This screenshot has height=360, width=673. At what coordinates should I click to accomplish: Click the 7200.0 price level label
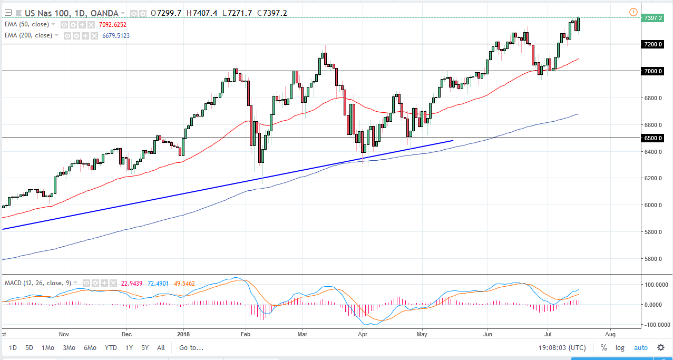pyautogui.click(x=653, y=44)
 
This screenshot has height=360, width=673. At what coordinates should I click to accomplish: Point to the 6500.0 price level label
pyautogui.click(x=653, y=138)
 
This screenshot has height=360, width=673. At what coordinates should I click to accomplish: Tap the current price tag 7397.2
pyautogui.click(x=653, y=17)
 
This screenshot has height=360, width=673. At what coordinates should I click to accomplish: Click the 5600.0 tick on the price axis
pyautogui.click(x=653, y=259)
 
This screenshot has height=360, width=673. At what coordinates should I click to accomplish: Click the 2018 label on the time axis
pyautogui.click(x=183, y=334)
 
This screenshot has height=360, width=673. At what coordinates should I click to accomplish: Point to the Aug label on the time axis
pyautogui.click(x=610, y=334)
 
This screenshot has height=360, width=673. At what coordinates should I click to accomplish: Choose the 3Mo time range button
pyautogui.click(x=69, y=347)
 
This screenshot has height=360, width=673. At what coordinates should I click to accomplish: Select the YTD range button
pyautogui.click(x=111, y=347)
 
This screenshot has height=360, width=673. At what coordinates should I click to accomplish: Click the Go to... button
pyautogui.click(x=191, y=347)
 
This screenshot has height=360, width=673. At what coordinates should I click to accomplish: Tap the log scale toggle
pyautogui.click(x=620, y=347)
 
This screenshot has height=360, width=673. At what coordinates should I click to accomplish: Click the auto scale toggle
pyautogui.click(x=640, y=347)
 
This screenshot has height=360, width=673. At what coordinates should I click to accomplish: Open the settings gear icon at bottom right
pyautogui.click(x=660, y=347)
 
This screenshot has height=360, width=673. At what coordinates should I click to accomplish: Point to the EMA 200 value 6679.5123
pyautogui.click(x=113, y=35)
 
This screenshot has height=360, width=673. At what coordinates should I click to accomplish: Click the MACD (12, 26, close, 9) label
pyautogui.click(x=37, y=283)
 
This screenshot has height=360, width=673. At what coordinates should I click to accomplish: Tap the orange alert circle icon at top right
pyautogui.click(x=633, y=12)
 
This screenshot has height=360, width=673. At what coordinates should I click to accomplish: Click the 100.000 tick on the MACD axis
pyautogui.click(x=654, y=285)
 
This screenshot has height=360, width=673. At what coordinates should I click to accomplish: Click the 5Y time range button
pyautogui.click(x=144, y=347)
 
